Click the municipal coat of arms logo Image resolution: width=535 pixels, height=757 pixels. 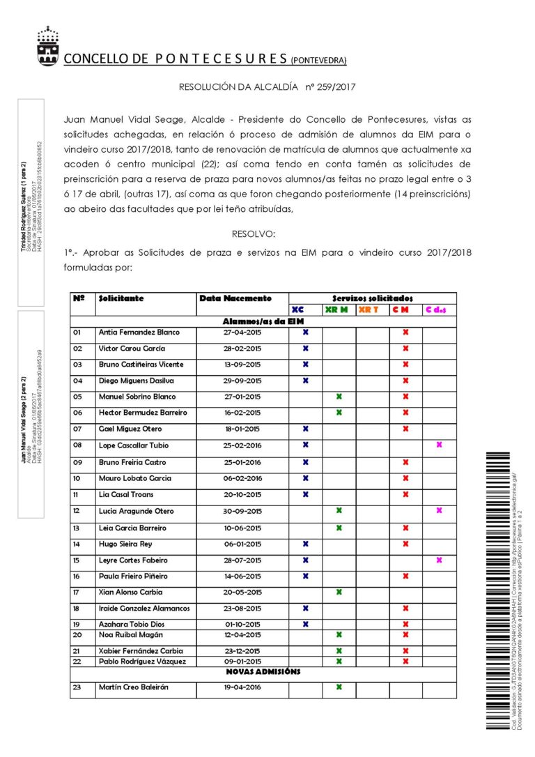tap(48, 46)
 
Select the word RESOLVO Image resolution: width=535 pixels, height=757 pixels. tap(253, 234)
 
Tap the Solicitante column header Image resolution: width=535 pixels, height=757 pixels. tap(121, 298)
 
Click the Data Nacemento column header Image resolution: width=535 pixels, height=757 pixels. tap(235, 298)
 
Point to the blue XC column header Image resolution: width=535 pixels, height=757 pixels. tap(298, 309)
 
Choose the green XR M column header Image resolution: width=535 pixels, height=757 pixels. tap(336, 309)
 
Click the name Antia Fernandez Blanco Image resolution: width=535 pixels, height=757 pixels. tap(139, 332)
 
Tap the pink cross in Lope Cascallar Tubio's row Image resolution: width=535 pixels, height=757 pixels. tap(439, 445)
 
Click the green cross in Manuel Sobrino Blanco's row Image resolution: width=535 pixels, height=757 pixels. tap(339, 397)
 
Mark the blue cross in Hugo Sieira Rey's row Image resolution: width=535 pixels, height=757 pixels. tap(305, 544)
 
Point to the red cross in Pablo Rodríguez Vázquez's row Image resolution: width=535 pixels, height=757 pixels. tap(405, 661)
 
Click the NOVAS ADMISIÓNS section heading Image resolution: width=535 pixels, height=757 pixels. tap(263, 672)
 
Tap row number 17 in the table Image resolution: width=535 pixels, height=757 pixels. tap(77, 592)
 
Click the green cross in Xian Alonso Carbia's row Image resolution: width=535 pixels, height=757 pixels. tap(339, 592)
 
